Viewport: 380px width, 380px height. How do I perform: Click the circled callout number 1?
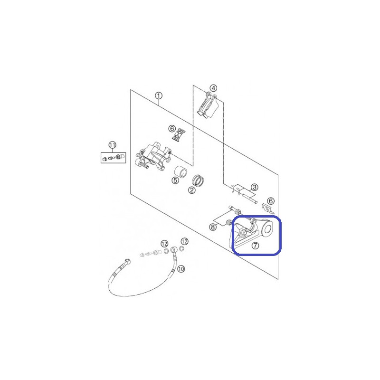159,96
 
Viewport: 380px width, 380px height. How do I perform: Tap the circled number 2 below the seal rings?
192,190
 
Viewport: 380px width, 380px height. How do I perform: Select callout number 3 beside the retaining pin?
254,187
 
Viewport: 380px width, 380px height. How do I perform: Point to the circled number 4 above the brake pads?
213,88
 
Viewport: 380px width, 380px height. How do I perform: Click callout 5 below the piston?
175,180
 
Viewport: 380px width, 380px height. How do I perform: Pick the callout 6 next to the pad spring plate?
172,128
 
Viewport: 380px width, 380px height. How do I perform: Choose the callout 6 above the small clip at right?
271,201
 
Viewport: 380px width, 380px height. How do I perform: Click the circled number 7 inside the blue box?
255,246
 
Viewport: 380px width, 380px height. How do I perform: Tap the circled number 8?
213,227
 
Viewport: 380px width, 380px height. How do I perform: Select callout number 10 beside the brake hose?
181,269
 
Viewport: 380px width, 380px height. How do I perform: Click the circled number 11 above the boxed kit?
112,145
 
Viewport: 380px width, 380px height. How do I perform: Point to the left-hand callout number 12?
164,244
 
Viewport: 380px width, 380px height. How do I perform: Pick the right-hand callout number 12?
184,241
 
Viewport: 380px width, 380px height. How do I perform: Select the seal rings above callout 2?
198,180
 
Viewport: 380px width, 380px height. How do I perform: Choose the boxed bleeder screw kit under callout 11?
113,158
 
